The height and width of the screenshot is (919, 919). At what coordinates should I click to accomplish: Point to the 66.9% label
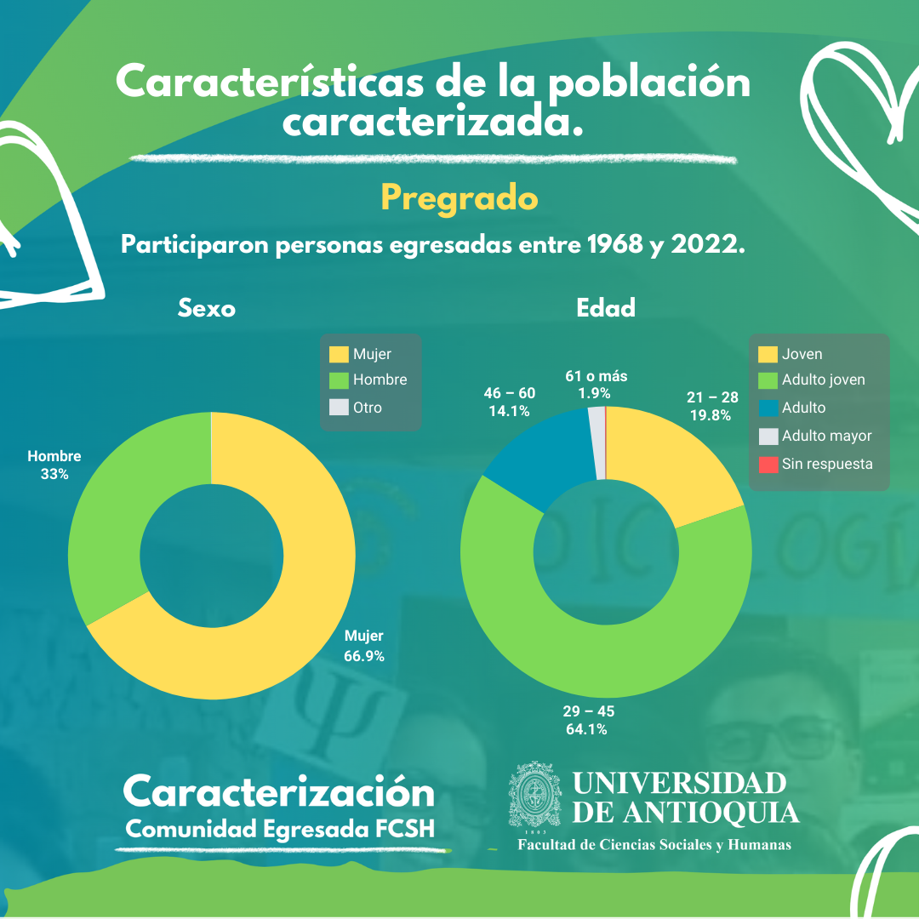point(363,656)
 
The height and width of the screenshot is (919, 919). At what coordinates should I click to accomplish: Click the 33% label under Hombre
point(54,474)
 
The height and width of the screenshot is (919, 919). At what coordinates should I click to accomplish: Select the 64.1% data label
point(586,729)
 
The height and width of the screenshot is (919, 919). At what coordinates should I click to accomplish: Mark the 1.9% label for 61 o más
point(595,393)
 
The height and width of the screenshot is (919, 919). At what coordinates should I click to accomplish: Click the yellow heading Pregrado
point(459,199)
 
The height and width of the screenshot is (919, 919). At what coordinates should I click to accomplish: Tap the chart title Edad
point(606,308)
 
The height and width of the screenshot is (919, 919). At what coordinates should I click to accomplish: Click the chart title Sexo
point(207,308)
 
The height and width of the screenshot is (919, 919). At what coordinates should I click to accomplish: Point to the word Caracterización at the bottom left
point(279,792)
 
